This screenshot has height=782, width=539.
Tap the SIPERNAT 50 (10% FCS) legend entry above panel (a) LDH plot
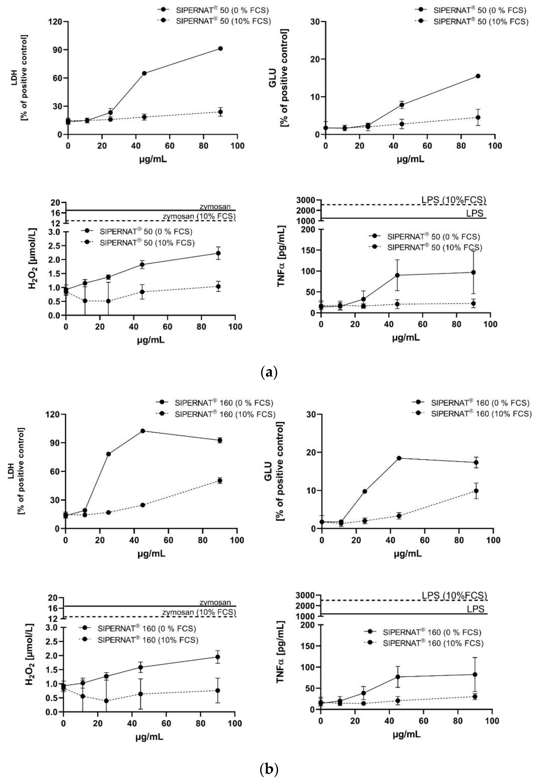click(223, 21)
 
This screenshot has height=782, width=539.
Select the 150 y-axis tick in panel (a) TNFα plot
click(310, 250)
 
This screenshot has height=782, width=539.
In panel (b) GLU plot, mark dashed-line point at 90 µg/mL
click(476, 491)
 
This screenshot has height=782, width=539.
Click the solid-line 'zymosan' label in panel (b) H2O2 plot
click(215, 602)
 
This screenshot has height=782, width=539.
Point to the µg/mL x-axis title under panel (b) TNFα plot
click(406, 734)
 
